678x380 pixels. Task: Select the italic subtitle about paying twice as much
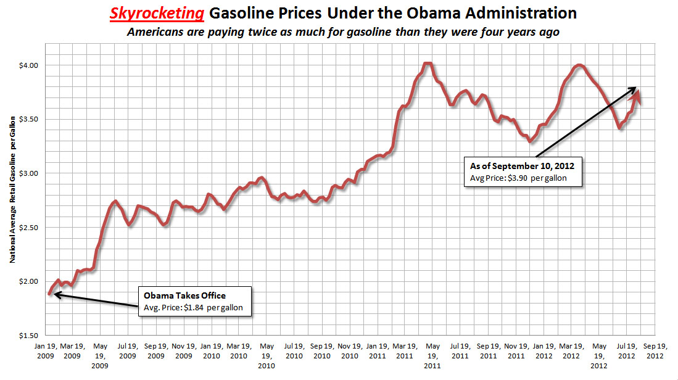point(342,31)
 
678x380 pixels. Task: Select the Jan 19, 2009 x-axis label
point(47,352)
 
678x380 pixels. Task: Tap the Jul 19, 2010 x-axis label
point(294,352)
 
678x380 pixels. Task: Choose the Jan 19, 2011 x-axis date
point(376,352)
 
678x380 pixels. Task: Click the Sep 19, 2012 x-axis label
point(651,352)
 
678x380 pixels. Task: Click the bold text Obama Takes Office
point(176,295)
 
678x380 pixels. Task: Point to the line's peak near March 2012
point(579,65)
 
